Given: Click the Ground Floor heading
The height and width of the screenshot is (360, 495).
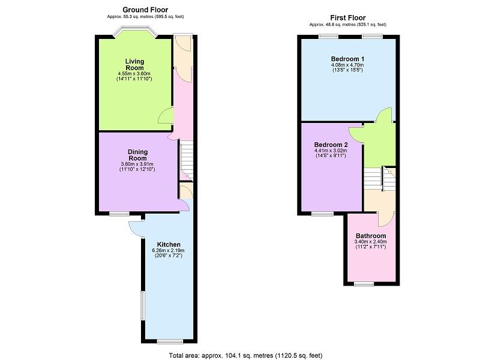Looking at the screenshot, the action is pos(145,10).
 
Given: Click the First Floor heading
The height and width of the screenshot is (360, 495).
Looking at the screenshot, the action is pos(348,17).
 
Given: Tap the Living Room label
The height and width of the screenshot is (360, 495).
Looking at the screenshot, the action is pos(135,64).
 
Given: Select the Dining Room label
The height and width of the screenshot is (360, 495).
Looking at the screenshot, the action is pos(137,155).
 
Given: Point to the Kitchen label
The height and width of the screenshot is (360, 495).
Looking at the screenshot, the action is pos(169,244).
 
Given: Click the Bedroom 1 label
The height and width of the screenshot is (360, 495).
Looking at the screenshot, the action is pos(347,59).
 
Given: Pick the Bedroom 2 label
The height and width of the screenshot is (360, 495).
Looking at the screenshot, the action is pos(331,145).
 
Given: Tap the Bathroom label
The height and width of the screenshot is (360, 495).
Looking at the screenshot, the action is pos(371,236).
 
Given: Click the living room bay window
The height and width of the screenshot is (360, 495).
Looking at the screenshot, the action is pos(135,32).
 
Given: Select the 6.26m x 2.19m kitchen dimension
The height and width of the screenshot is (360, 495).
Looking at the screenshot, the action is pos(168,250).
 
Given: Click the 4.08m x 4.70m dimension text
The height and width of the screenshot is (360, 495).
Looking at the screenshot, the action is pos(347,65).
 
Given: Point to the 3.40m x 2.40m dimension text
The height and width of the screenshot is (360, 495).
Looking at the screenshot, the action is pos(371,242).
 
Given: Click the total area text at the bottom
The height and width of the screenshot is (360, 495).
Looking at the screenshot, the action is pos(245,356).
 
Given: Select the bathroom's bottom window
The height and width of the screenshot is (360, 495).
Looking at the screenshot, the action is pos(364,284).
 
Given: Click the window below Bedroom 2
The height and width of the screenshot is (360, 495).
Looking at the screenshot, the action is pos(322,214).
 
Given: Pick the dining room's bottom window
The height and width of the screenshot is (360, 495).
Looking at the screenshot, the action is pos(119,214).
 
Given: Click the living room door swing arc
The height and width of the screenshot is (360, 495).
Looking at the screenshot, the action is pos(165,116).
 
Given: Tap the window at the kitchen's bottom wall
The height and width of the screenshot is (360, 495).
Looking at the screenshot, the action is pos(170,341).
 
